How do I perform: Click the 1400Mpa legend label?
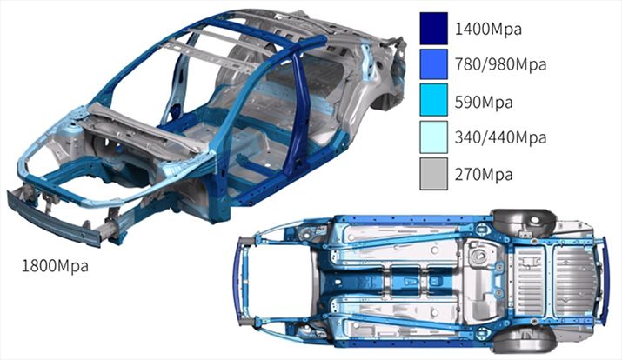(488, 30)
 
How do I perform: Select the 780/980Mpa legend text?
(500, 63)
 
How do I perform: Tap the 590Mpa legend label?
(484, 103)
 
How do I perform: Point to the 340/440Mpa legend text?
(500, 137)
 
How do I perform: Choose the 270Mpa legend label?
(484, 174)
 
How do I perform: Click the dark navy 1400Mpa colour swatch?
(434, 28)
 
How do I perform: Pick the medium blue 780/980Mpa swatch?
(434, 64)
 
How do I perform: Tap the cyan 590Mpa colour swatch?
(434, 100)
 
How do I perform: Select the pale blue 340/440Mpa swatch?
(434, 137)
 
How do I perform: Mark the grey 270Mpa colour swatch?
(434, 174)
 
